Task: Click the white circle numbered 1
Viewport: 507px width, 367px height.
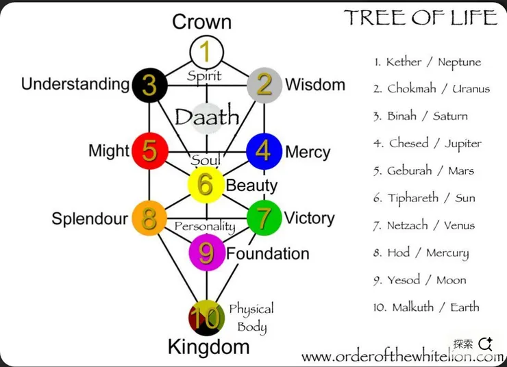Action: (206, 52)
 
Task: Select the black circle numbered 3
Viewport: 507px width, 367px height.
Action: (149, 84)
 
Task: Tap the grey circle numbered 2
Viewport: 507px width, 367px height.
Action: (264, 84)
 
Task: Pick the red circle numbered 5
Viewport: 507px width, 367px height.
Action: (149, 151)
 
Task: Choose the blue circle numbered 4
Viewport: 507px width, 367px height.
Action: (264, 151)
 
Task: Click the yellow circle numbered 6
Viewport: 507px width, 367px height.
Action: (206, 184)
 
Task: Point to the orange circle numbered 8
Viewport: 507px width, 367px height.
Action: (149, 218)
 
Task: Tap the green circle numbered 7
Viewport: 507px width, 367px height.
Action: (264, 218)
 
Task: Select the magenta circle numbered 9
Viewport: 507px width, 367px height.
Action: (206, 253)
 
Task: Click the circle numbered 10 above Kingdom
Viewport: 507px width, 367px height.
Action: (206, 317)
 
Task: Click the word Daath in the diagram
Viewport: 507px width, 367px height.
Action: (206, 116)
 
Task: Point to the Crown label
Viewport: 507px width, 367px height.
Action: (201, 21)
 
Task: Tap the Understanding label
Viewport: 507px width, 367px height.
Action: (75, 84)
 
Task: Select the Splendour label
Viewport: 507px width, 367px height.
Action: (90, 219)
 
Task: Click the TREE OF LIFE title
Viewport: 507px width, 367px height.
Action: (420, 17)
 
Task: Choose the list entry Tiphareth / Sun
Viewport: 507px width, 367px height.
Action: (424, 198)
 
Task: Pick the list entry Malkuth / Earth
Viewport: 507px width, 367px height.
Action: (426, 307)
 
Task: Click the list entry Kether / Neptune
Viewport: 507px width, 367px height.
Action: (428, 62)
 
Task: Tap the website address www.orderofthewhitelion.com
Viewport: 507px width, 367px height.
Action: (401, 357)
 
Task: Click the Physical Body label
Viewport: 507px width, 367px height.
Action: (251, 317)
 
